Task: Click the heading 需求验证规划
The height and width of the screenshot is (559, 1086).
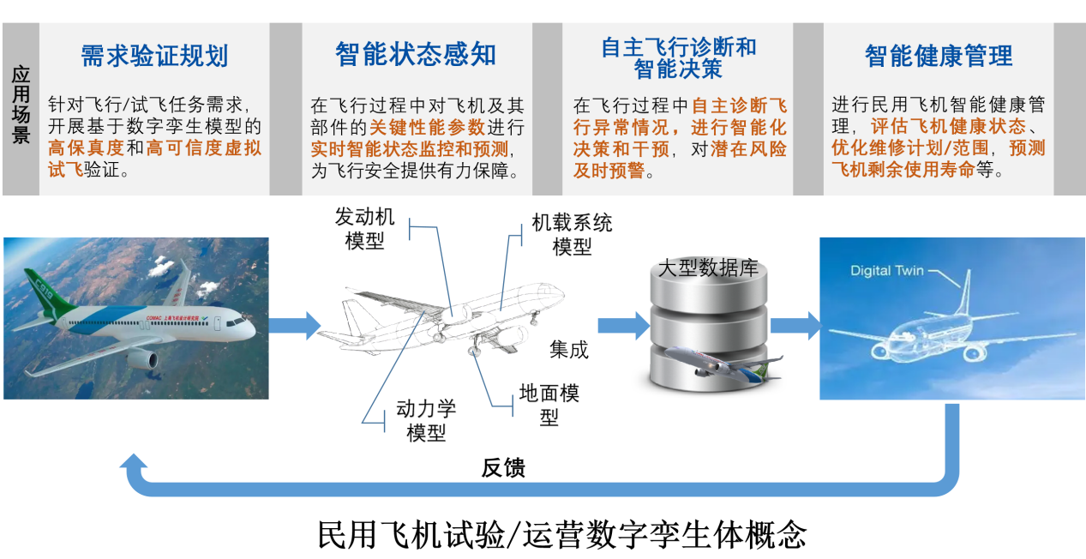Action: [154, 56]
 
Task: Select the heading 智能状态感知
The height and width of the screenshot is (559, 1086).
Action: [416, 55]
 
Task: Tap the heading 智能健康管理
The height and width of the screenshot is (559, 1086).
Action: [939, 57]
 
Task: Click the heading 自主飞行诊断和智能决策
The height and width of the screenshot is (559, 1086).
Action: [678, 57]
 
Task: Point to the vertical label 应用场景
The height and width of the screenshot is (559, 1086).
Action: [21, 106]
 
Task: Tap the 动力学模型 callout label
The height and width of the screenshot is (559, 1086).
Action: [426, 420]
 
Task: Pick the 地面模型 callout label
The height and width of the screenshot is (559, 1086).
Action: [549, 405]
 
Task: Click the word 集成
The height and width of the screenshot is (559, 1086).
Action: [569, 350]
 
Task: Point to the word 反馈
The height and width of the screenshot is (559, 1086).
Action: [503, 468]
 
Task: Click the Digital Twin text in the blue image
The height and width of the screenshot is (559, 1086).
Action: [887, 271]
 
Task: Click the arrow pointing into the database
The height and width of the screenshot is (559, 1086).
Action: [622, 326]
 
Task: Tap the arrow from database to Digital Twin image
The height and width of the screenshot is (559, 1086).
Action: [795, 326]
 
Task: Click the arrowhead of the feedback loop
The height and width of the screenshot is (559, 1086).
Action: [133, 468]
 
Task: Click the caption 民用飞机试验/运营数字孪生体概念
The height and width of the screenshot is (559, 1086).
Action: [562, 534]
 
